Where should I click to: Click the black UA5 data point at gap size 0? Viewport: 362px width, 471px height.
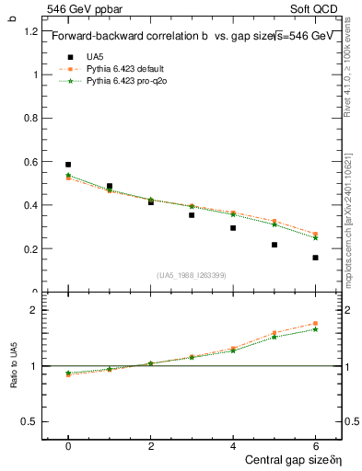click(x=68, y=165)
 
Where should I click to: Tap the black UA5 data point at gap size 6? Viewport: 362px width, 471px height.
click(x=315, y=258)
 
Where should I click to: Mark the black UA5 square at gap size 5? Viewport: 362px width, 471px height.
click(x=274, y=245)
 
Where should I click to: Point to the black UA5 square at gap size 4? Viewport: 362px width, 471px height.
click(x=233, y=228)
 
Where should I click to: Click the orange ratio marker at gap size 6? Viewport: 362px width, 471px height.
click(x=315, y=324)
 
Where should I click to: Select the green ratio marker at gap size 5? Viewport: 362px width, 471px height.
click(x=274, y=338)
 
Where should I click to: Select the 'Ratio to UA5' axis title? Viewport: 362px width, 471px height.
click(x=15, y=365)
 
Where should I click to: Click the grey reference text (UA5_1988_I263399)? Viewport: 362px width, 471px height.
click(x=192, y=275)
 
